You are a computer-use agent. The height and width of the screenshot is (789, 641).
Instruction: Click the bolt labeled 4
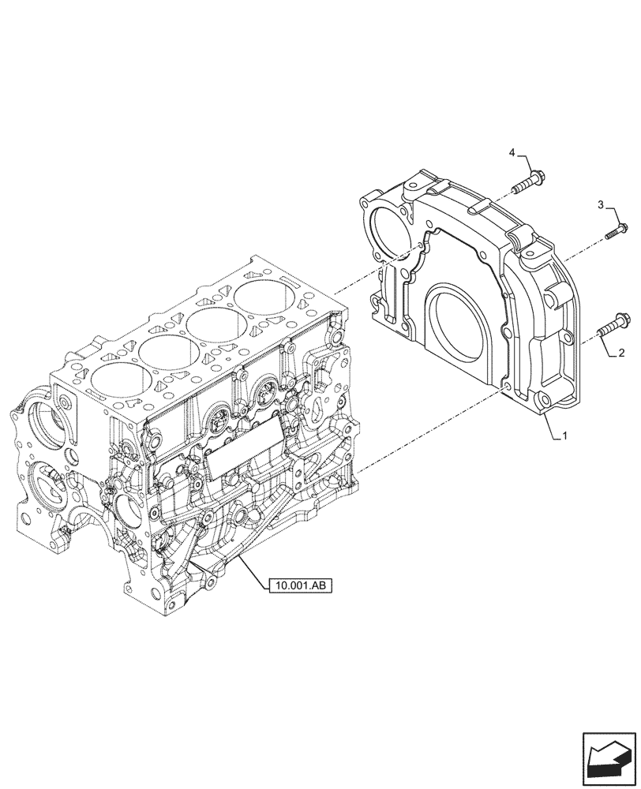pos(530,182)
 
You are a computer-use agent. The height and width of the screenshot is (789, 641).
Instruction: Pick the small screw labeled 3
pos(617,231)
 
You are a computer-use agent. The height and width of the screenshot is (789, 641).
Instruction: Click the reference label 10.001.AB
pos(301,585)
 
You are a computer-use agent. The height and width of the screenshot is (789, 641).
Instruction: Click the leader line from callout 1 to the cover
pos(550,425)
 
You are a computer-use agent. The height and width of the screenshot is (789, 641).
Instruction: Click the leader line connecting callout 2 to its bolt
pos(609,347)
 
